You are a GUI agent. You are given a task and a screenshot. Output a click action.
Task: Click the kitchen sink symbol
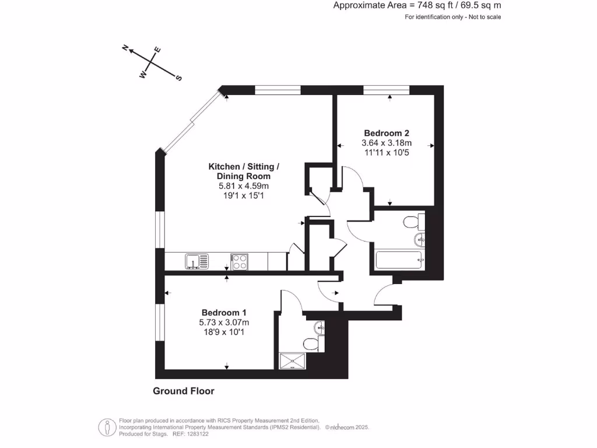click(x=196, y=261)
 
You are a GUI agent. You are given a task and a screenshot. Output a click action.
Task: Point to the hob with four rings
click(x=239, y=261)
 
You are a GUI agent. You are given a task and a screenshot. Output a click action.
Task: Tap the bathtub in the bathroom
click(x=399, y=260)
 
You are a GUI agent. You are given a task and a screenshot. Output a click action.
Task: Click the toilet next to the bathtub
click(x=412, y=222)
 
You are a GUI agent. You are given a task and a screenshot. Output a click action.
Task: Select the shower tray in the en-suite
click(x=293, y=362)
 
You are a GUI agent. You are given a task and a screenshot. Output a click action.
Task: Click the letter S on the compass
click(x=179, y=78)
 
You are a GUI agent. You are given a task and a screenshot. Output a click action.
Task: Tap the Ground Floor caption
click(x=183, y=391)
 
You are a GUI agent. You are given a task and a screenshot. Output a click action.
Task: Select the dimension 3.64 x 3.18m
click(x=387, y=143)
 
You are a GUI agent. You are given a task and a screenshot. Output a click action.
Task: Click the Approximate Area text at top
click(x=417, y=5)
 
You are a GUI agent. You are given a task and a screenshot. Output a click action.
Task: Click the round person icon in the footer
click(x=106, y=427)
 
